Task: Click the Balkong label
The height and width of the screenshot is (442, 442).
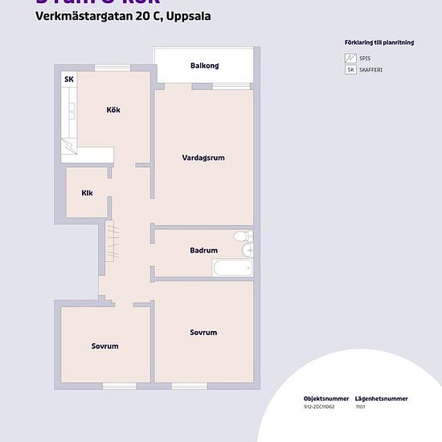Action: coord(205,66)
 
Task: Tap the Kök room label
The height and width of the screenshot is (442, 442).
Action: coord(113,109)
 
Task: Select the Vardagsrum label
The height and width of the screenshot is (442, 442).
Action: coord(203,158)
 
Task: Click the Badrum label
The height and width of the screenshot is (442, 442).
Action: coord(203,251)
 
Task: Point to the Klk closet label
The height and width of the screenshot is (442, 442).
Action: coord(87,193)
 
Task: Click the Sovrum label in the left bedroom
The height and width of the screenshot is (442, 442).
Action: coord(104,346)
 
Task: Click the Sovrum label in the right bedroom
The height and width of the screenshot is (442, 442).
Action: coord(203,332)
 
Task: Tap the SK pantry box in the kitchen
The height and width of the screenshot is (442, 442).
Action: coord(69,80)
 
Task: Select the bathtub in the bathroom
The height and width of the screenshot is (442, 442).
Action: coord(232,268)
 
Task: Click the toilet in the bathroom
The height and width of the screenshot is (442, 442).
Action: coord(239,237)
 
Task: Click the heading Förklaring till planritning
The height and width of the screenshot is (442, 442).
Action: coord(378,43)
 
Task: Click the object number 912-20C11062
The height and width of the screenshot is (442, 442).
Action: coord(320,408)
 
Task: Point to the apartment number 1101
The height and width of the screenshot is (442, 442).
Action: coord(360,408)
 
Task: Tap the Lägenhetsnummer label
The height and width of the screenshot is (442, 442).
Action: coord(381,399)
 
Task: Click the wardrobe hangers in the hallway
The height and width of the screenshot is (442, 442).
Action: coord(113,241)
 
